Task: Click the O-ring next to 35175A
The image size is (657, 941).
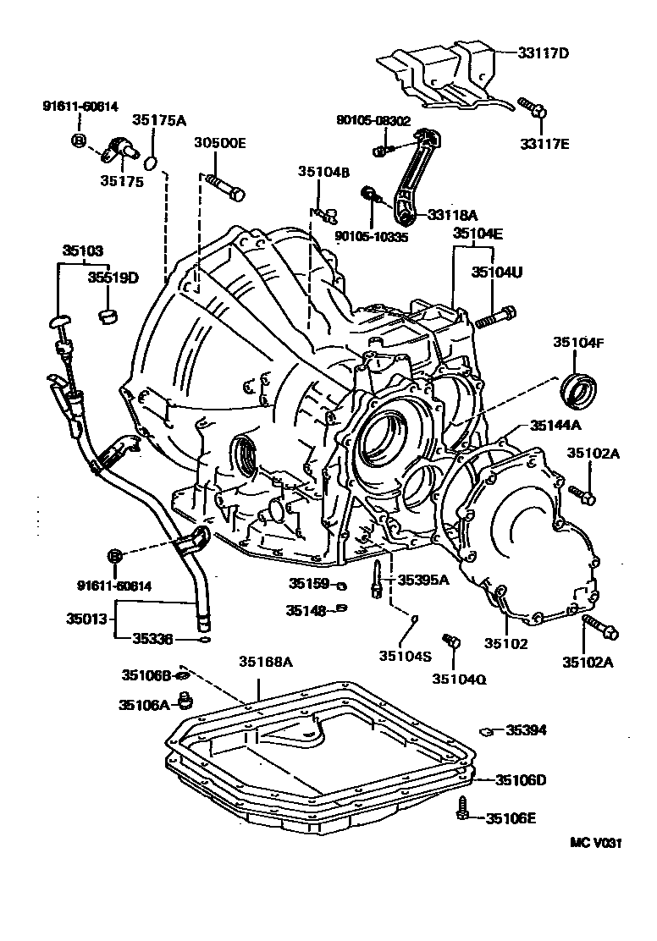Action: (152, 162)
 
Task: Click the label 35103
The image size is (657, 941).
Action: (83, 250)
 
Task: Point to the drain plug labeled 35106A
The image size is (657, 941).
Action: (185, 702)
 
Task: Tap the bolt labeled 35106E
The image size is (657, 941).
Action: (464, 808)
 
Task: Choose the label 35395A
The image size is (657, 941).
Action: (424, 580)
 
